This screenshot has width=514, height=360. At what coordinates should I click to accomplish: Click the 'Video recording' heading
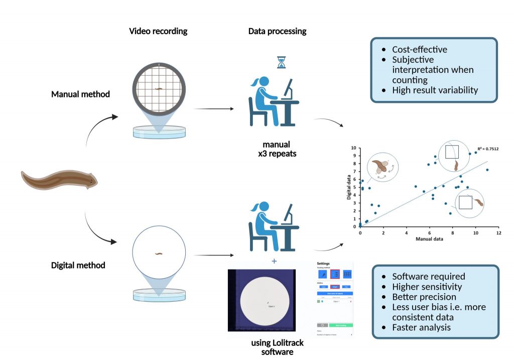click(158, 31)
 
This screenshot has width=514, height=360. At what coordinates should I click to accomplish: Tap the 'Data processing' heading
click(277, 31)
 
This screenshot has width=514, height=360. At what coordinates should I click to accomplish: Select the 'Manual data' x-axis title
click(429, 239)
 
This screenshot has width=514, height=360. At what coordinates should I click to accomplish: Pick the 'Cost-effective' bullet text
click(420, 50)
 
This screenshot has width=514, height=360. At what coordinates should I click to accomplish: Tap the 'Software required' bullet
click(428, 276)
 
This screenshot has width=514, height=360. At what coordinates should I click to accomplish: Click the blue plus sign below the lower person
click(274, 261)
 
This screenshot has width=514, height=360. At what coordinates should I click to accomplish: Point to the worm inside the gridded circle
click(159, 90)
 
